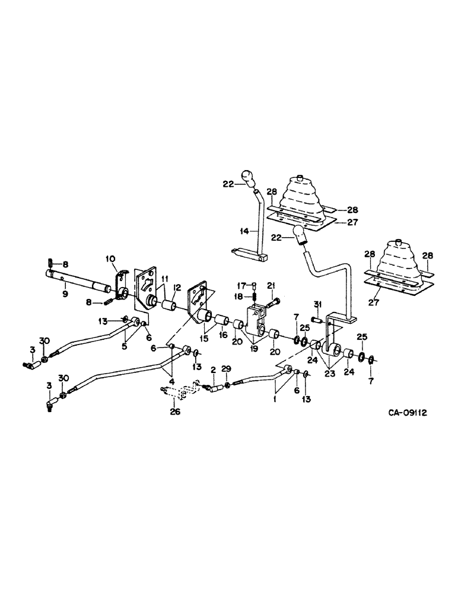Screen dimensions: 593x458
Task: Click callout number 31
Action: point(317,305)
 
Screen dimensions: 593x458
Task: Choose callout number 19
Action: point(254,350)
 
